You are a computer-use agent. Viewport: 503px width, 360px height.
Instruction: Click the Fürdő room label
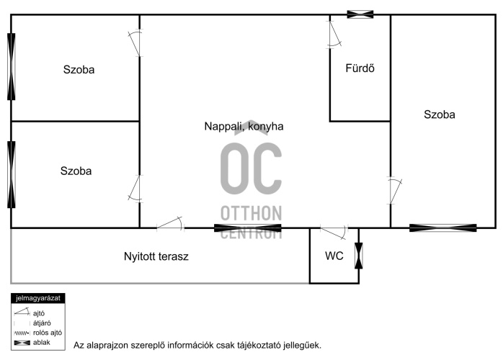360,68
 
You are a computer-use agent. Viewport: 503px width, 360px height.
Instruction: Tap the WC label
334,256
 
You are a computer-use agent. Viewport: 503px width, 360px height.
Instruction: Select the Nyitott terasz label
156,256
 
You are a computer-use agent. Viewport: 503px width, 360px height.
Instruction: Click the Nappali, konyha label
244,126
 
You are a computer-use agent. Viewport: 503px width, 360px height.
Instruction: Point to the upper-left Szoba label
79,70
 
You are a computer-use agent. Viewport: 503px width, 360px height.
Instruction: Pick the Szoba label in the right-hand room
440,114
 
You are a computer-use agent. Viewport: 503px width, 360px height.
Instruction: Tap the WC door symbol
334,233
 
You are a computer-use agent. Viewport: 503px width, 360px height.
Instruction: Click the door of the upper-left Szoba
135,43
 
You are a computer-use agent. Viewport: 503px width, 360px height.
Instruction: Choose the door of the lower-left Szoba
135,189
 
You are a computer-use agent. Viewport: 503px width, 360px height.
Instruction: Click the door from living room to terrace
170,224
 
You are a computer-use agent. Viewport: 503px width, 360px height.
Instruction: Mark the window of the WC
359,256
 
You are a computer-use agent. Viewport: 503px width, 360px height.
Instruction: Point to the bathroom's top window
360,14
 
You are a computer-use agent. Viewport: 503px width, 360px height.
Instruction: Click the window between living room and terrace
248,228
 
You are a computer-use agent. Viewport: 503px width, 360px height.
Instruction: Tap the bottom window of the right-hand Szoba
443,228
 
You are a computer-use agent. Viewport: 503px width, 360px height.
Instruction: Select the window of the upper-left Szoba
12,67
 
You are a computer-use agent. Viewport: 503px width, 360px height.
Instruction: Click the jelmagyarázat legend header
38,298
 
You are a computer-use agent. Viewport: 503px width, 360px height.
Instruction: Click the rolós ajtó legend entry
38,333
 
